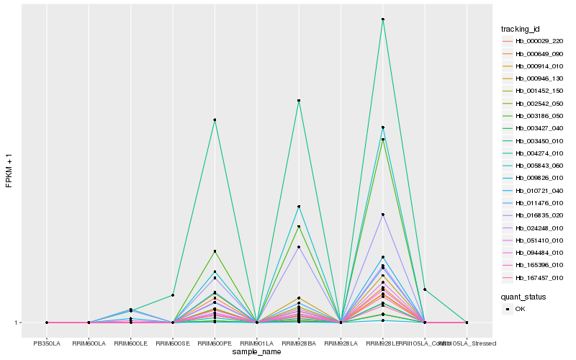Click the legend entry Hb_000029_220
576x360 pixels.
click(x=534, y=41)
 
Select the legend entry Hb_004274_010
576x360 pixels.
click(x=534, y=153)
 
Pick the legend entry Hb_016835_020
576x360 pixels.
click(x=534, y=215)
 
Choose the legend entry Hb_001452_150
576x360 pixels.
click(x=534, y=91)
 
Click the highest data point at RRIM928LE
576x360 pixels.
click(x=383, y=19)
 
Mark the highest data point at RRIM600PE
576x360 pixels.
click(x=215, y=120)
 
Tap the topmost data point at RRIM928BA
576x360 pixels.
click(x=299, y=101)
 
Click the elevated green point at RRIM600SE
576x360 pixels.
click(x=173, y=295)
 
